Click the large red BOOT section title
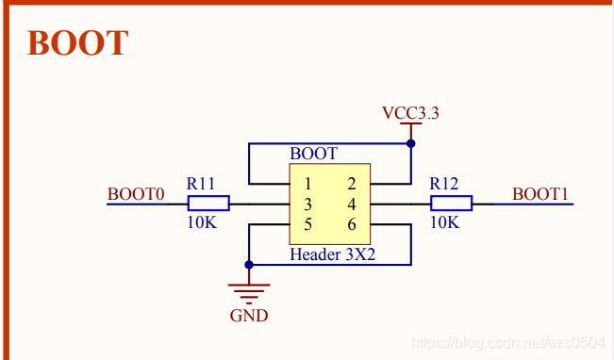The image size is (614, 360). click(77, 42)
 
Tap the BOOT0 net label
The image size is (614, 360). click(136, 194)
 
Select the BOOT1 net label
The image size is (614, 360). click(540, 194)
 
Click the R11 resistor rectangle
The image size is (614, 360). click(208, 204)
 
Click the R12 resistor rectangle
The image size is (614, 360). click(452, 204)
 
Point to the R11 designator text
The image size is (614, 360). click(201, 183)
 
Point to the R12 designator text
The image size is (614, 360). click(443, 183)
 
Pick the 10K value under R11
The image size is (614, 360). click(202, 222)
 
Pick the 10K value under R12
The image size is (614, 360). click(445, 222)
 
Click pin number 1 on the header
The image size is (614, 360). click(307, 184)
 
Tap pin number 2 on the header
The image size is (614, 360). click(352, 184)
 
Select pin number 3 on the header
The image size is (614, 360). click(307, 205)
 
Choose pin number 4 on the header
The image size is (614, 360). click(352, 205)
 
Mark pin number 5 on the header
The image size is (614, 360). click(307, 224)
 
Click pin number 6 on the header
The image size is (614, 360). click(352, 224)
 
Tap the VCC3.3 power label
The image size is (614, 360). click(411, 113)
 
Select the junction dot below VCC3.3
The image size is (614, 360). click(411, 143)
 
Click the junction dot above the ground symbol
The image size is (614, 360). click(249, 265)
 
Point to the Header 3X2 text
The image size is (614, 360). click(332, 254)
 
